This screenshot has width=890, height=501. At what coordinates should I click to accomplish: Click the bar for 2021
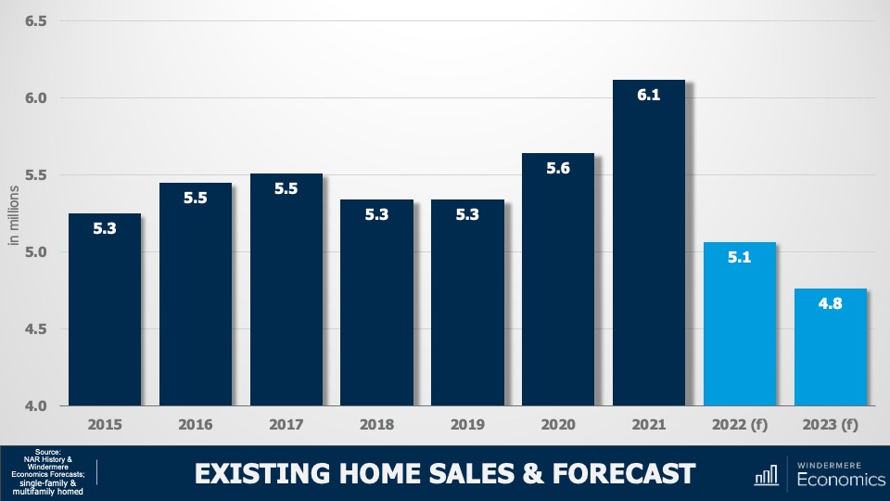[x=648, y=250]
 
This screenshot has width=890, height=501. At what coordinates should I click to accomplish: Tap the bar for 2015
[x=104, y=315]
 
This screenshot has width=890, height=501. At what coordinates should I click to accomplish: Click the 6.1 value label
[x=648, y=95]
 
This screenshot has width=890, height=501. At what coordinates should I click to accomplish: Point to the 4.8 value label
[x=830, y=302]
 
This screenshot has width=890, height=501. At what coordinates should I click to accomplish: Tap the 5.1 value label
[x=739, y=257]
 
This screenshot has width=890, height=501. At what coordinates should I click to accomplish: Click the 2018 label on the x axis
[x=376, y=425]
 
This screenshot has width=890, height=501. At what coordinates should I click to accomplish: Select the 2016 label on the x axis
[x=195, y=425]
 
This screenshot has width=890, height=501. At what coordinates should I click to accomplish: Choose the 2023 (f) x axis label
[x=830, y=425]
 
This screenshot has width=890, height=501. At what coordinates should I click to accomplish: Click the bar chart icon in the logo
[x=766, y=474]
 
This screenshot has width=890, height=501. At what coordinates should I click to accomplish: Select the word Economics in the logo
[x=841, y=480]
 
